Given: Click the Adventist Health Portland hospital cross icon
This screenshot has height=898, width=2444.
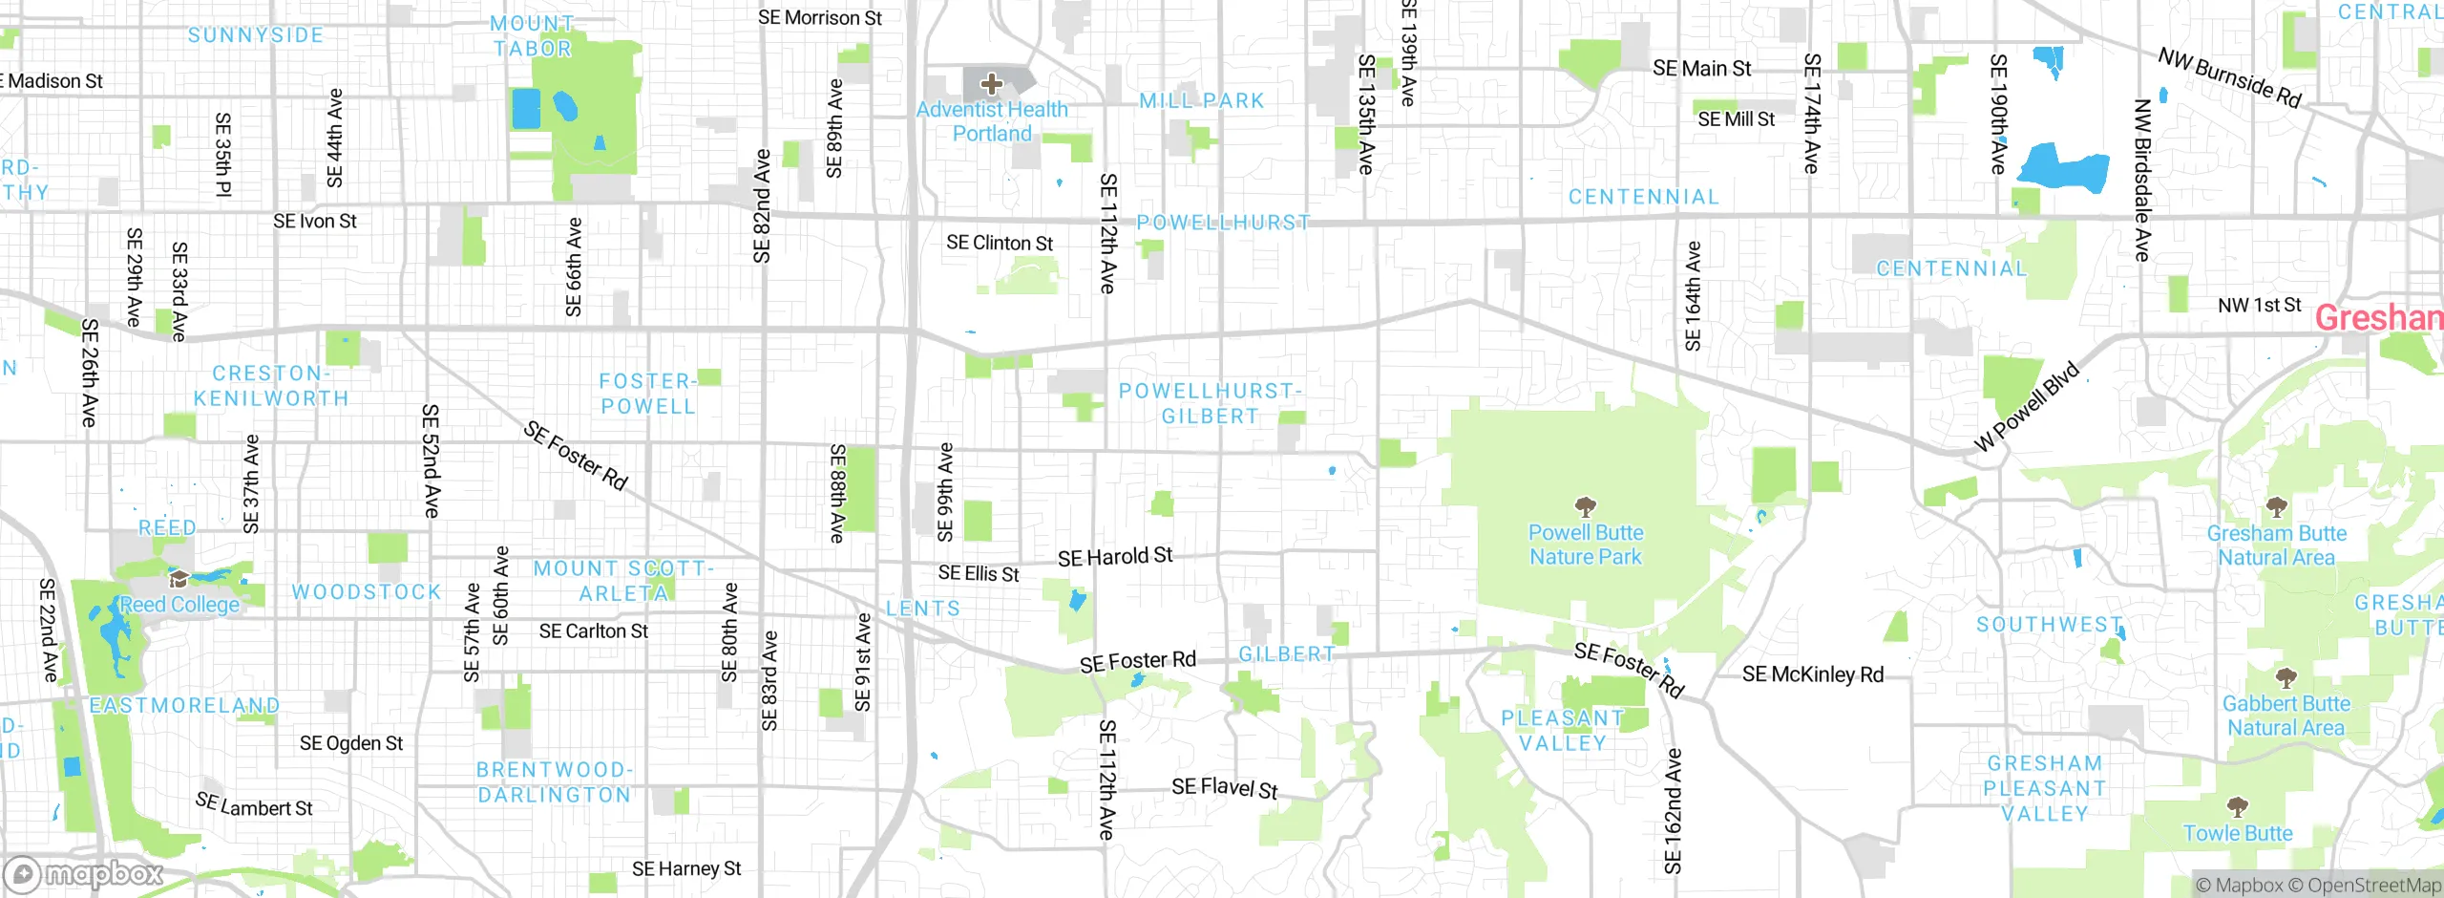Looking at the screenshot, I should click(992, 83).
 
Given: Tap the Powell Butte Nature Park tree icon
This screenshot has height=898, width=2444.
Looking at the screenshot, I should click(1585, 506).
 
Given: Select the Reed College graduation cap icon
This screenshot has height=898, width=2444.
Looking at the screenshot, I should click(179, 579).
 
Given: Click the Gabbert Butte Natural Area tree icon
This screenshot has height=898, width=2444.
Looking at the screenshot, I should click(2286, 678).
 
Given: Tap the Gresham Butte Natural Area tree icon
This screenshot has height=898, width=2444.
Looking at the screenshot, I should click(2276, 506).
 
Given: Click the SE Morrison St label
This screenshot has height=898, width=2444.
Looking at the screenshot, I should click(819, 18).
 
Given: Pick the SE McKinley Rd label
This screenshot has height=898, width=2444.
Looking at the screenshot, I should click(1812, 674).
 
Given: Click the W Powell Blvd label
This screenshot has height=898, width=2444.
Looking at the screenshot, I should click(2026, 407).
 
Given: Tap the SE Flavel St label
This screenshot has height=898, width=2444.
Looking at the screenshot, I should click(1224, 788).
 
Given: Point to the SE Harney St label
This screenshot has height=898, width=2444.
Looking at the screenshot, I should click(685, 868).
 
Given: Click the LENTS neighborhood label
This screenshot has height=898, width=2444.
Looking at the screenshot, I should click(922, 609).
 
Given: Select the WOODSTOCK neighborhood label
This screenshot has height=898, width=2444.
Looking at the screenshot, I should click(367, 592).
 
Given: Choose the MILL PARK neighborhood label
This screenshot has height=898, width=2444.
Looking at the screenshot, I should click(1201, 100).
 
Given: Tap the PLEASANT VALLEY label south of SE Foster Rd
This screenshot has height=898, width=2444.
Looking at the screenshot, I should click(1562, 731).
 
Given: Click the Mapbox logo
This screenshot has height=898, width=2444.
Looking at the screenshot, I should click(84, 873).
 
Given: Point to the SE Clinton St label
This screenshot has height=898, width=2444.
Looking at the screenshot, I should click(999, 244).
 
